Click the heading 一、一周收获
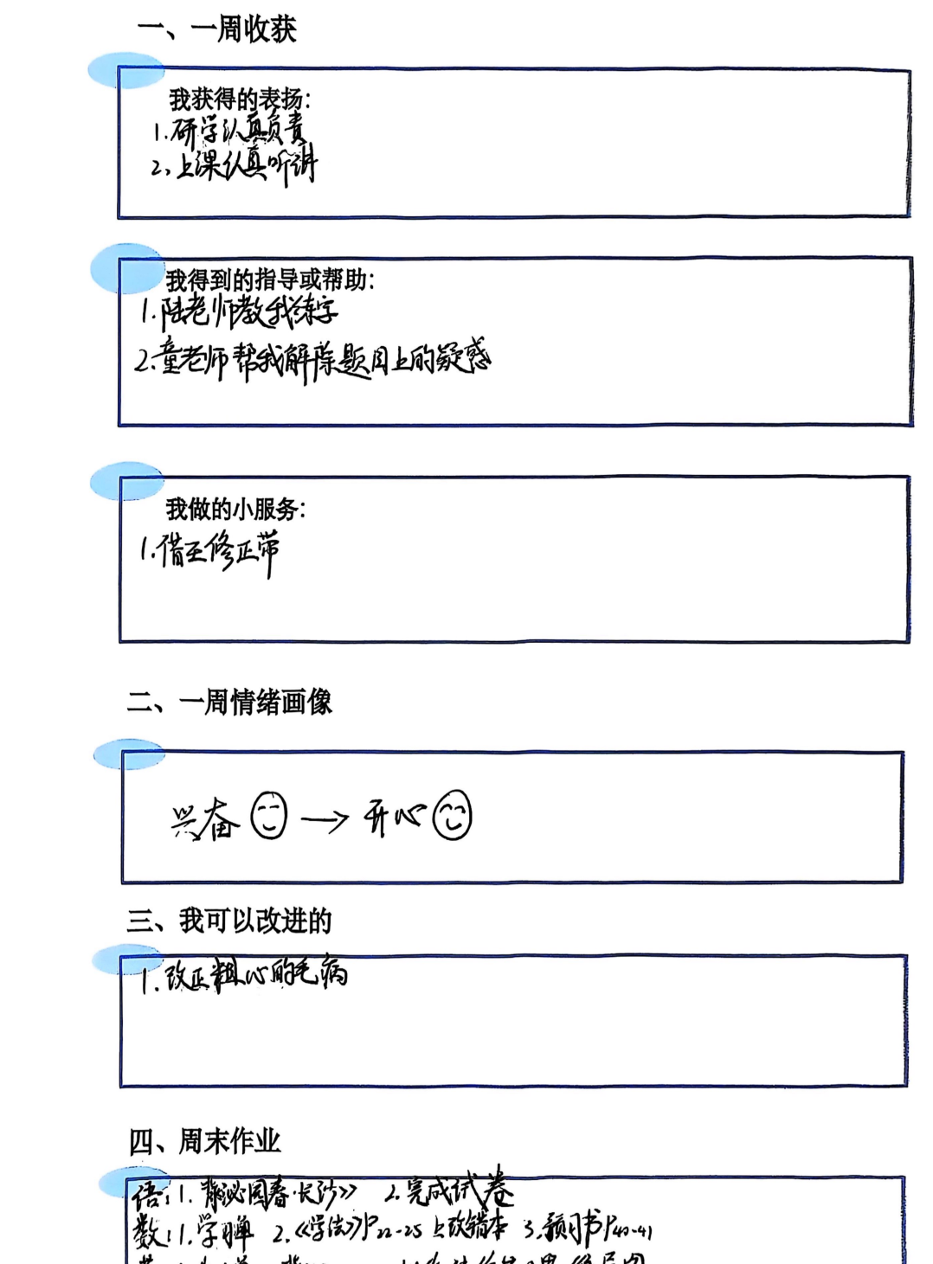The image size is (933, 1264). (x=217, y=29)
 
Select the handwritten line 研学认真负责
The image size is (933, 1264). (x=230, y=132)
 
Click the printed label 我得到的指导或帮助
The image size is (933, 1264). (x=270, y=279)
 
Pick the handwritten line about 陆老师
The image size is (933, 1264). (x=241, y=311)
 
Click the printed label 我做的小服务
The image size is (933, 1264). (x=235, y=509)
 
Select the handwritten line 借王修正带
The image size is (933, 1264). (x=210, y=551)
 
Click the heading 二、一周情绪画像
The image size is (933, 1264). (x=230, y=702)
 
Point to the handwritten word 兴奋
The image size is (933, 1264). (x=205, y=819)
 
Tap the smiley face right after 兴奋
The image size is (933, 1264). (x=268, y=816)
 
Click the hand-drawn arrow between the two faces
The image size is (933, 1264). (x=325, y=819)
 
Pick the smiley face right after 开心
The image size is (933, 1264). (x=452, y=815)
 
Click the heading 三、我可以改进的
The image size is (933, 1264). (x=230, y=921)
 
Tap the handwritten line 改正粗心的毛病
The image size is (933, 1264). (x=245, y=975)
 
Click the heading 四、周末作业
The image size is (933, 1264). (x=205, y=1141)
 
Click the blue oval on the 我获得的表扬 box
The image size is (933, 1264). (x=125, y=70)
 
